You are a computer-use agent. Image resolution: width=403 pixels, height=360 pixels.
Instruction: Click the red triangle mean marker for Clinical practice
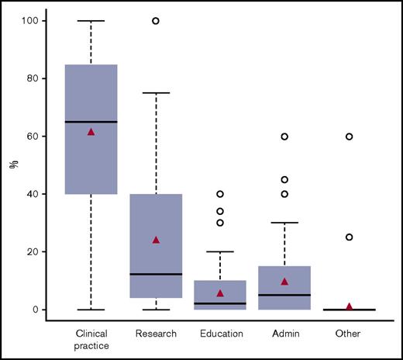click(91, 132)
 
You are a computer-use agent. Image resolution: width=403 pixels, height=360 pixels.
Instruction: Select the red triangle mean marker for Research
click(156, 240)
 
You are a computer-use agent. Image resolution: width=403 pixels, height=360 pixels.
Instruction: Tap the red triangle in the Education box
click(220, 293)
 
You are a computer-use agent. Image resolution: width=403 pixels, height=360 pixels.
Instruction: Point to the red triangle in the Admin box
click(284, 282)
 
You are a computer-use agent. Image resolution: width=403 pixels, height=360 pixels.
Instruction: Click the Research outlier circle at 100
click(156, 21)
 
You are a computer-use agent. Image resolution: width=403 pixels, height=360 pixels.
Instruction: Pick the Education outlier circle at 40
click(220, 194)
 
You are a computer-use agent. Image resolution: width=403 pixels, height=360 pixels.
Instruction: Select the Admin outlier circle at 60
click(284, 137)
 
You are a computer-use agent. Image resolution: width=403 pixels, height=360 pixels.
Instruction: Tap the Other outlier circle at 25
click(350, 237)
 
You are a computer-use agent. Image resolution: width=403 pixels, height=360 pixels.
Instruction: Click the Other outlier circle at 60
click(350, 137)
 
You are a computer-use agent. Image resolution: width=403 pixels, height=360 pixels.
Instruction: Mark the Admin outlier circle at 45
click(284, 180)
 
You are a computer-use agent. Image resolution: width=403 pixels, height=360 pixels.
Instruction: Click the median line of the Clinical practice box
click(91, 122)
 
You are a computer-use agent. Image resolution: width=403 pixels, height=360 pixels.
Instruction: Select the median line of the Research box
click(156, 274)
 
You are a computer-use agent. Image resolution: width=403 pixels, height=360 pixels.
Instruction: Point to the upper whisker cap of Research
click(156, 93)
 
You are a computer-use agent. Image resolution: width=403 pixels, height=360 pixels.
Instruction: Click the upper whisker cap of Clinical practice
click(91, 21)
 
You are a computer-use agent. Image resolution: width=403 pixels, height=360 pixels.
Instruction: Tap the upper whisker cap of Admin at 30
click(284, 223)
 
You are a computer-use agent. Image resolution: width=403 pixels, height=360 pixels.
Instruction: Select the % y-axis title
click(13, 164)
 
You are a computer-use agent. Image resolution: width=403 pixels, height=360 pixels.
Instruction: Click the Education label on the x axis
click(220, 334)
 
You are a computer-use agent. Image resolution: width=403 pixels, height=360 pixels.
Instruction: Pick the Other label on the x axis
click(350, 334)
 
